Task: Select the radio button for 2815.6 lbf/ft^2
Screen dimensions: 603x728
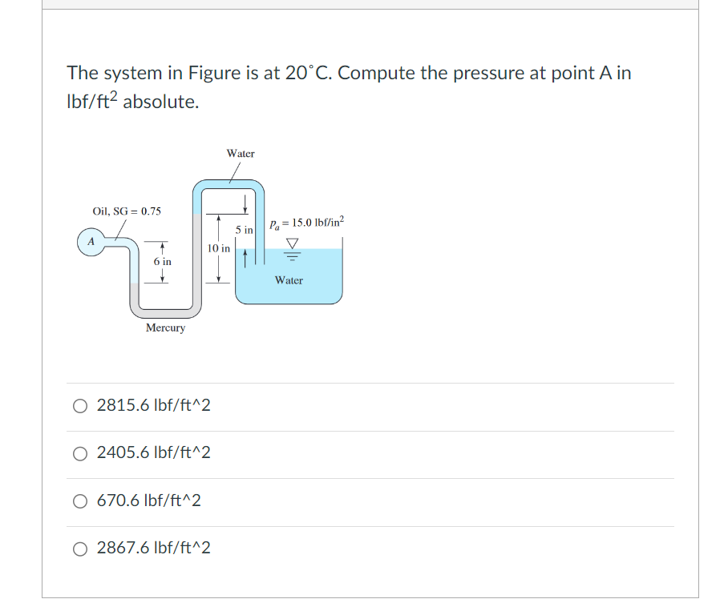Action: coord(81,406)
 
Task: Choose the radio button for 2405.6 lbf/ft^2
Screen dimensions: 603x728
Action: coord(81,453)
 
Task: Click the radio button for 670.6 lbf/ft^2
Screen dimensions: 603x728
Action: coord(81,501)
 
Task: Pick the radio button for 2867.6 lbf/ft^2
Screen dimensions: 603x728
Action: coord(81,549)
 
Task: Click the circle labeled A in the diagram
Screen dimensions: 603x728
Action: coord(91,241)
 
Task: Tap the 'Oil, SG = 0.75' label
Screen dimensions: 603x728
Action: coord(127,211)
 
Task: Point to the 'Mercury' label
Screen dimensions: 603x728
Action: coord(165,328)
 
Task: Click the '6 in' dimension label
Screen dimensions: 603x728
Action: coord(162,262)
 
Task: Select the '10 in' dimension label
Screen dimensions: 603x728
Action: coord(218,248)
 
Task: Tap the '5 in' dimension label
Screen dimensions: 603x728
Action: coord(245,230)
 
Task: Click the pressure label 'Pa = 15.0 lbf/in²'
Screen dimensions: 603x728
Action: coord(307,222)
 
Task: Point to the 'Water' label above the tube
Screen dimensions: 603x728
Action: coord(241,153)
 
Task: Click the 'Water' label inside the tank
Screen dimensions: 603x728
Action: coord(289,280)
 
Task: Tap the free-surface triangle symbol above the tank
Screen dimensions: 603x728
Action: coord(292,243)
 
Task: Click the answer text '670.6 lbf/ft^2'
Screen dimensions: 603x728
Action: coord(149,501)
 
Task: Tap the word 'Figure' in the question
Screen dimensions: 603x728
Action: coord(214,73)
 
